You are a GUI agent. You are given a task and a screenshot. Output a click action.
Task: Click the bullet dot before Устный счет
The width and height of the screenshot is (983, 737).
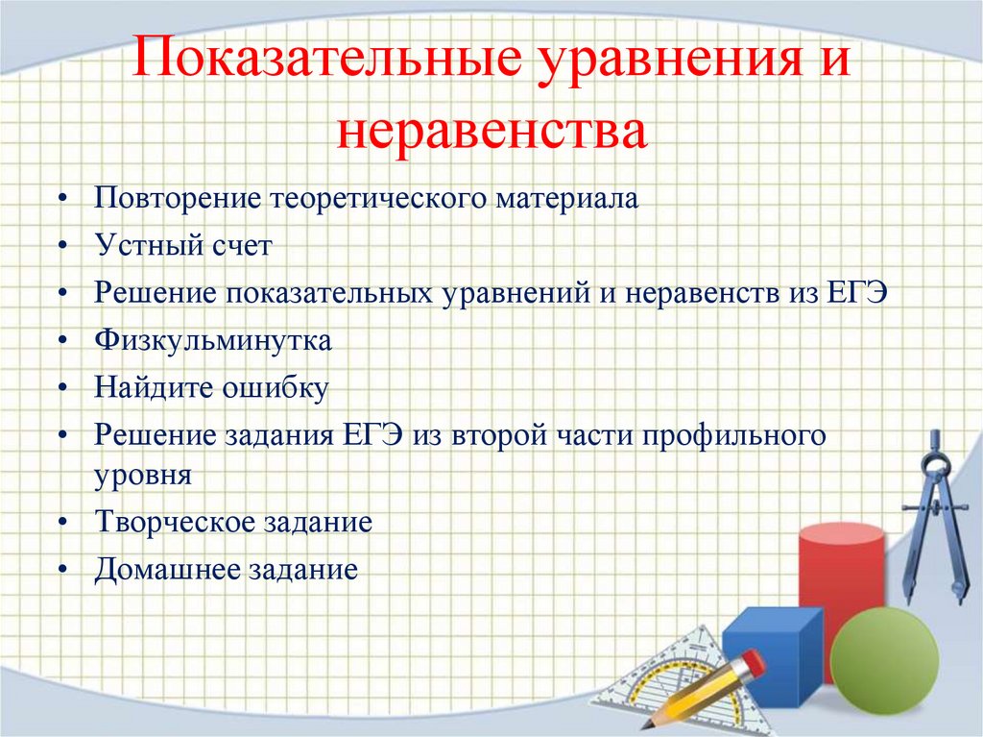[61, 247]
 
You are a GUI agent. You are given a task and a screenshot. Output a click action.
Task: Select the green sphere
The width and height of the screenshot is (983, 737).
[883, 659]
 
